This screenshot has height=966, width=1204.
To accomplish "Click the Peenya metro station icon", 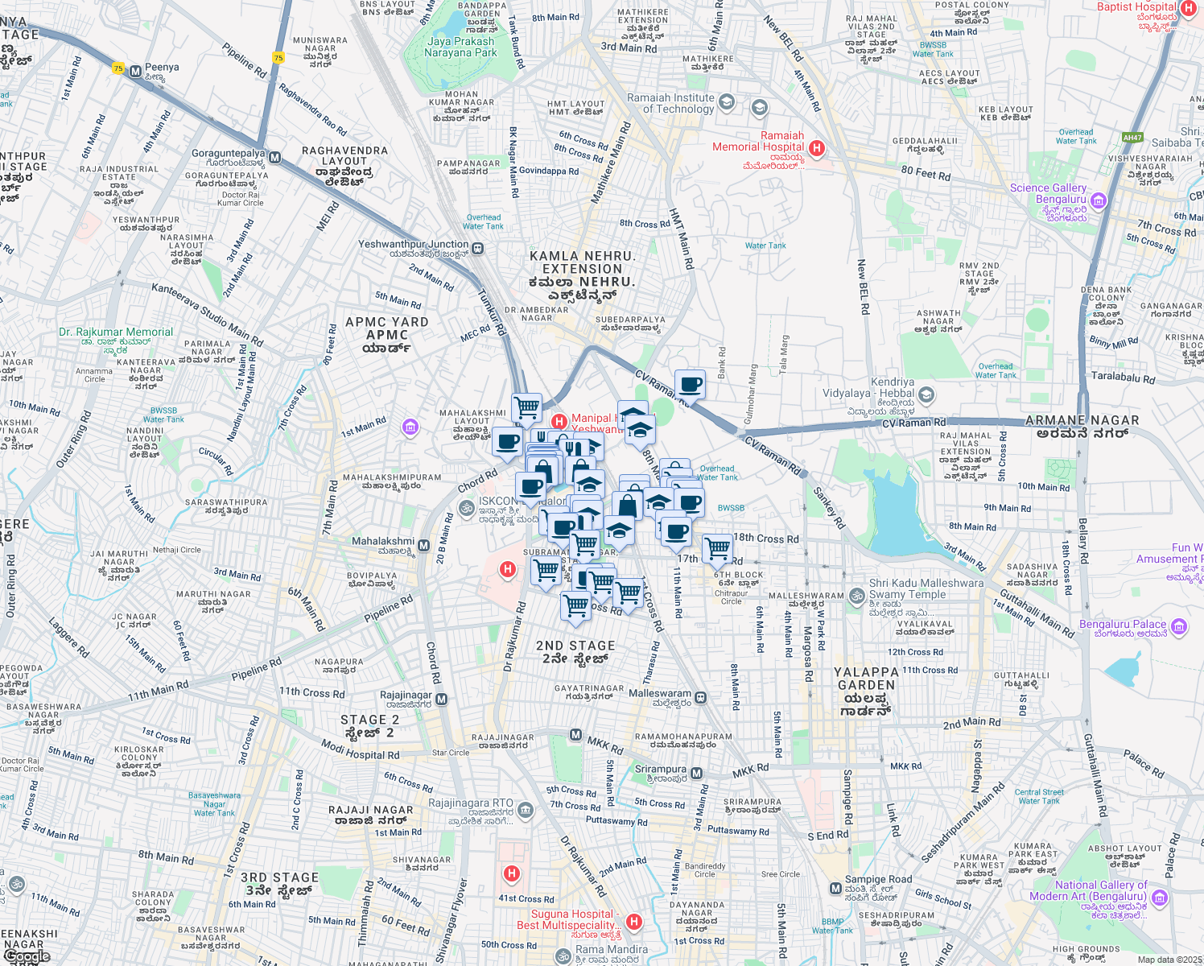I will tap(135, 71).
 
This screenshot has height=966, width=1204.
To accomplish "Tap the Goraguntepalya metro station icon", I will tap(275, 158).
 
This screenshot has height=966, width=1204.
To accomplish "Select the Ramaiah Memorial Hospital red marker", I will tap(817, 147).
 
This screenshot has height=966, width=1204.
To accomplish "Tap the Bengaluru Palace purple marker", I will tap(1179, 625).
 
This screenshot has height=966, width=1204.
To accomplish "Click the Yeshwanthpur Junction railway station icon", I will tap(478, 249).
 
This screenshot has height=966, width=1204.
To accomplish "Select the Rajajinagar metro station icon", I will tap(441, 700).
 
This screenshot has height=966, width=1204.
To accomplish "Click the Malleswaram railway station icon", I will tap(701, 697).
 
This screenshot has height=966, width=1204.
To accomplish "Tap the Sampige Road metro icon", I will tap(835, 889).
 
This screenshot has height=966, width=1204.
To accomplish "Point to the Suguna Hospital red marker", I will tap(634, 922).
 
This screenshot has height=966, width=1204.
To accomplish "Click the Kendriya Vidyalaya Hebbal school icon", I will tap(926, 394).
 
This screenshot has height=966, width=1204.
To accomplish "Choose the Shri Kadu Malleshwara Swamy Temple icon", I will tap(858, 596).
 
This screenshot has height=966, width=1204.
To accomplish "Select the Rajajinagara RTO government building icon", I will tap(526, 809).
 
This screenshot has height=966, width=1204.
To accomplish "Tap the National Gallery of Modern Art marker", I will tap(1160, 897).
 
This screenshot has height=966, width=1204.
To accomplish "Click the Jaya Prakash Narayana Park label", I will tap(462, 47).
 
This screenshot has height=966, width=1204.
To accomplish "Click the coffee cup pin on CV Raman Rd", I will tap(690, 384).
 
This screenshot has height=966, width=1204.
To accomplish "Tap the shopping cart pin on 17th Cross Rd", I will tap(717, 549).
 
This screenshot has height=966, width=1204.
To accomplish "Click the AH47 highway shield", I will tap(1132, 138).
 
